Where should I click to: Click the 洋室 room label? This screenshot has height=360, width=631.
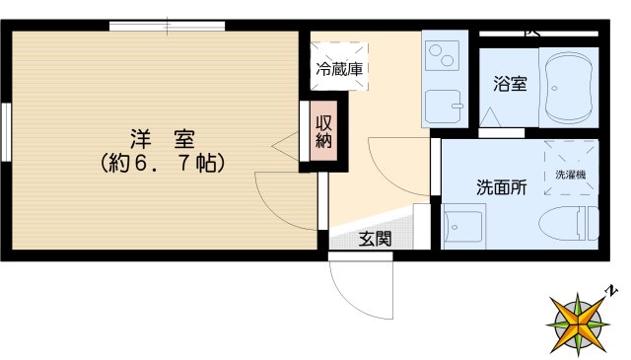coord(162,138)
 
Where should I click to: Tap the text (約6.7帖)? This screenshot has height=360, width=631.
coord(163,162)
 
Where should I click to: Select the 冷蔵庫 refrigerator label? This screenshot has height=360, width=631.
coord(339,69)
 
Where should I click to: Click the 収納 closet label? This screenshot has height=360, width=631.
coord(324,133)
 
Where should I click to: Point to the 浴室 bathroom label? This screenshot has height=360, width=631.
coord(509,85)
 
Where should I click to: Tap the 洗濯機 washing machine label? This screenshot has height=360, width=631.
coord(570,175)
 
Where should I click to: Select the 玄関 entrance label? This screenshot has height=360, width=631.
coord(375,238)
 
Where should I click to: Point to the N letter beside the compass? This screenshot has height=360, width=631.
coord(612,290)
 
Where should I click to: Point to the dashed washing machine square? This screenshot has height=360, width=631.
coord(570,168)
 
